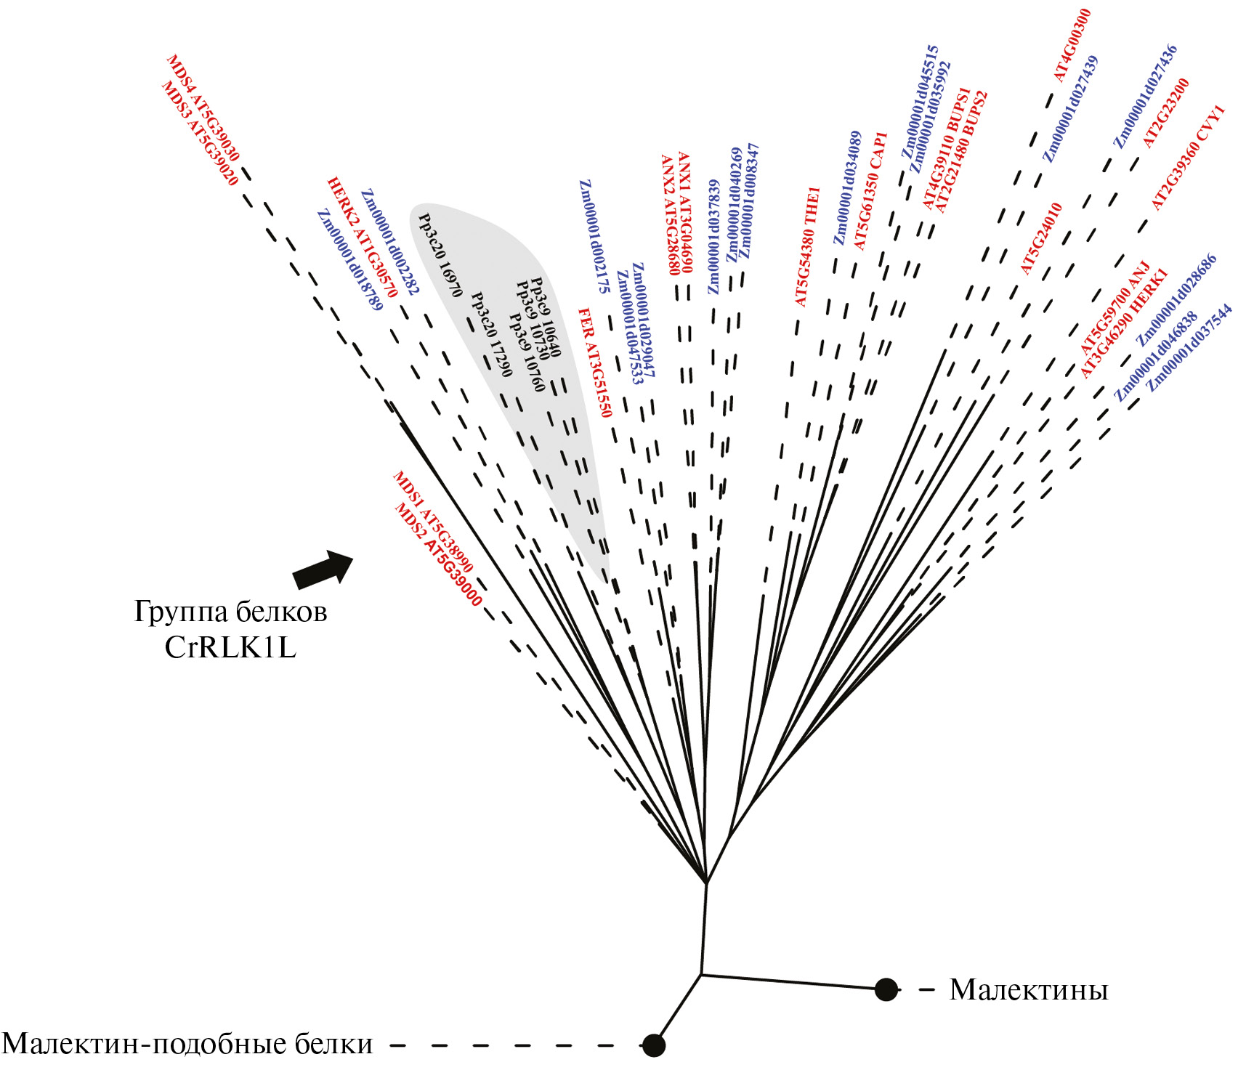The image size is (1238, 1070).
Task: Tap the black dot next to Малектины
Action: (x=886, y=989)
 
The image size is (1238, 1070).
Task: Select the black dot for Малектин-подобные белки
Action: (x=654, y=1045)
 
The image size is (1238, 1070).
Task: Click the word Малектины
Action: (x=1029, y=989)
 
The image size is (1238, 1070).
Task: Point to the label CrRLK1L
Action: (x=230, y=647)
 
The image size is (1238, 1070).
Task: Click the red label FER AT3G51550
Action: (x=595, y=362)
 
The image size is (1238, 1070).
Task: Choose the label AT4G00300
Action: (x=1072, y=45)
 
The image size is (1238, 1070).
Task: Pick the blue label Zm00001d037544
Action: (x=1189, y=348)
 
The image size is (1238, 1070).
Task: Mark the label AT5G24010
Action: (x=1041, y=238)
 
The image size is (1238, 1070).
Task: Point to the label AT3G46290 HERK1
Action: (x=1123, y=323)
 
